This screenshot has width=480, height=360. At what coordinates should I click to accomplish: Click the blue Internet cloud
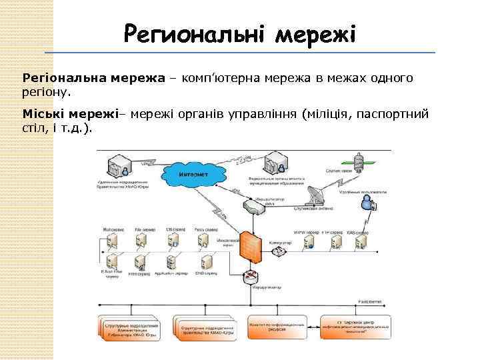point(193,175)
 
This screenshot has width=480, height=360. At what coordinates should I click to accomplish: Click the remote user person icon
point(367,207)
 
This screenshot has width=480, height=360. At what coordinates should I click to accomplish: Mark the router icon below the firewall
point(251,276)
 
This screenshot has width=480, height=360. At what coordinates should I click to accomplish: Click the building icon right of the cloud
point(275,162)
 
